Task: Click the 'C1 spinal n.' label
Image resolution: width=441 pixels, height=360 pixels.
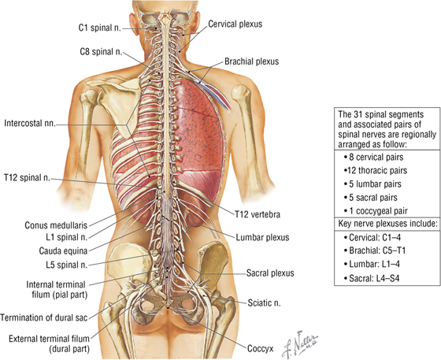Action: [99, 28]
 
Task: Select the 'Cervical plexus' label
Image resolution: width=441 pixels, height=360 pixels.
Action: [235, 24]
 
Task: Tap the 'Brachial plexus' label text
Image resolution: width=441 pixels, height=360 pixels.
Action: [251, 61]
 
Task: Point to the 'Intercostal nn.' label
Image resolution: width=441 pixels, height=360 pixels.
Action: [30, 124]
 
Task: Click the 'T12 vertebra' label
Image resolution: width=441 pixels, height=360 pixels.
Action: [258, 214]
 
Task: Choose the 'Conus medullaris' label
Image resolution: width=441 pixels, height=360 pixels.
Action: [56, 225]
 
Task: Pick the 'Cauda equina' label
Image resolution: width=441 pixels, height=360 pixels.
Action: [63, 251]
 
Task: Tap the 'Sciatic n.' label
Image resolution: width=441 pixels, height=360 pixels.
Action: [264, 303]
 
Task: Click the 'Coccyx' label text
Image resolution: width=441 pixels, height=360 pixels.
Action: [260, 349]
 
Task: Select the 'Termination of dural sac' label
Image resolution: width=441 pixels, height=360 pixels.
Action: [44, 317]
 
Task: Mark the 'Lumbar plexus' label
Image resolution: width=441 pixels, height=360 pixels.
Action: [262, 237]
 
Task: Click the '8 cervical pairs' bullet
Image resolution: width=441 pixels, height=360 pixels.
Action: [373, 157]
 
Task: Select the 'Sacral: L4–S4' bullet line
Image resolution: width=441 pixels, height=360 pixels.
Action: [371, 278]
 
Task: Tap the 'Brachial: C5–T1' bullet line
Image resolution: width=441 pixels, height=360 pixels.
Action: [375, 251]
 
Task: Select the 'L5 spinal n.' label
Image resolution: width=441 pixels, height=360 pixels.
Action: [67, 265]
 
